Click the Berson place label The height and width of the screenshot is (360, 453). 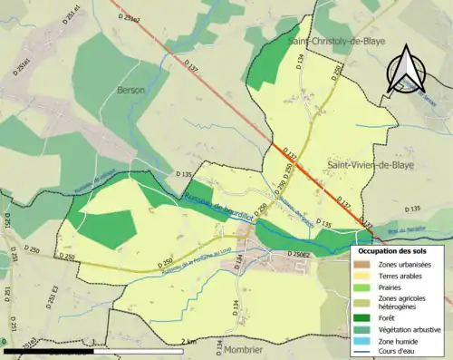132,91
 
